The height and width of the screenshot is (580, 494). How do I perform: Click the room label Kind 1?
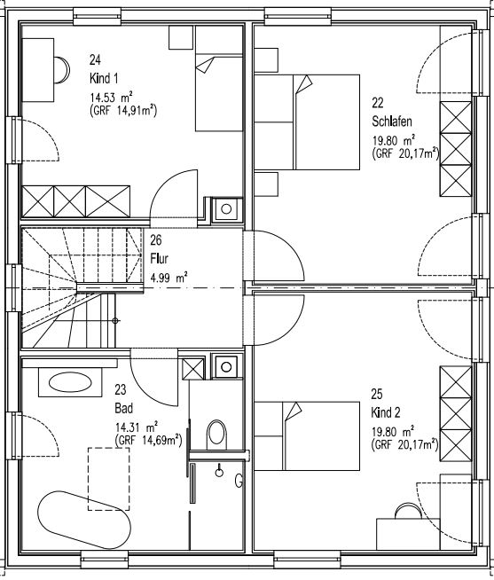point(104,78)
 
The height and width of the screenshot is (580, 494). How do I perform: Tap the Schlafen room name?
point(392,121)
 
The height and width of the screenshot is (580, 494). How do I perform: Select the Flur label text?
point(159,259)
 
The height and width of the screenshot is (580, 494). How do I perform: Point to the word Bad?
point(123,408)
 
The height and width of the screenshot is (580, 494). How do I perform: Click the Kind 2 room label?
point(386,412)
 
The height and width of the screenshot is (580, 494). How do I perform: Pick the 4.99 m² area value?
point(169,277)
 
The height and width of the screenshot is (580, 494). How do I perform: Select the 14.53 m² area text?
point(112,98)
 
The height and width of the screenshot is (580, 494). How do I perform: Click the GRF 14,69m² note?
point(149,440)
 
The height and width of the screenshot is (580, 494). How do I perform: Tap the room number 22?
point(378,103)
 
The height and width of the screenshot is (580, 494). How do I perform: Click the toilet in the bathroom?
point(216,435)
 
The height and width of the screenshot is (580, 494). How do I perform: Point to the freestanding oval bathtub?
point(84,520)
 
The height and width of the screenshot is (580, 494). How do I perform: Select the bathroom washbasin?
point(70,382)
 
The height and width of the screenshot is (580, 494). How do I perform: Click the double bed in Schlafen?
point(307,122)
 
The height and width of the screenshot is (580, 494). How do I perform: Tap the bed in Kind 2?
point(307,436)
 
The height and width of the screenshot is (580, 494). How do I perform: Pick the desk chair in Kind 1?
point(62,70)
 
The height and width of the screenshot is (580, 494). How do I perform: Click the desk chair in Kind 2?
point(408,511)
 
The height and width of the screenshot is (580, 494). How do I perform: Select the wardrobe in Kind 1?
point(76,201)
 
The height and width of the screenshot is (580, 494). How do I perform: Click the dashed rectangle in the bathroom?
point(108,479)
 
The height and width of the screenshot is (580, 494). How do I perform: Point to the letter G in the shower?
point(239,481)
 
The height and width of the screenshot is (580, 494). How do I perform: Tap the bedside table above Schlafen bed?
point(266,60)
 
